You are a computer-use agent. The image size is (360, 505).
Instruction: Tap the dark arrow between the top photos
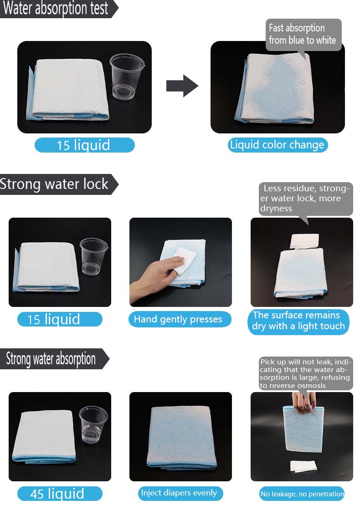coord(182,86)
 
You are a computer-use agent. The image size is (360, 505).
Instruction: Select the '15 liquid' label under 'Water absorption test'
coord(84,145)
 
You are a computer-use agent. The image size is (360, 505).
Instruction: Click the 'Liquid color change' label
coord(278,145)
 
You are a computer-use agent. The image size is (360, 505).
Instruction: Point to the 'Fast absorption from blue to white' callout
coord(303,35)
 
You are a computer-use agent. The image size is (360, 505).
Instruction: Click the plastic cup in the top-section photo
coord(127,77)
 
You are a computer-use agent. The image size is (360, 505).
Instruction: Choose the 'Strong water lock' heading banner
coord(59,184)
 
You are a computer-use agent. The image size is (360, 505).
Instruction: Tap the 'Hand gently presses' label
coord(180,319)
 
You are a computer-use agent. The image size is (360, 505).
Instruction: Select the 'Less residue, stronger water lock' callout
coord(305,199)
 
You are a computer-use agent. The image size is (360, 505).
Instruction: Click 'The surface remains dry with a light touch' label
coord(298,321)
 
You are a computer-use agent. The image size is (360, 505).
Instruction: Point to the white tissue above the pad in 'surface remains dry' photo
coord(304,241)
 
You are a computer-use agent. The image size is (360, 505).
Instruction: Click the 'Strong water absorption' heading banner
coord(55,358)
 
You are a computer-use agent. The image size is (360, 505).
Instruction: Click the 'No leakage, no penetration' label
coord(302,494)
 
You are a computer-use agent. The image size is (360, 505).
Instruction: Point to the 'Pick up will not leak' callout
coord(305,373)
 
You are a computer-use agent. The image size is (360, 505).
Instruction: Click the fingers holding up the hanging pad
coord(303,402)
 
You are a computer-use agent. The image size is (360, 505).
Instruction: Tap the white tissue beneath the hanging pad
coord(303,466)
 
